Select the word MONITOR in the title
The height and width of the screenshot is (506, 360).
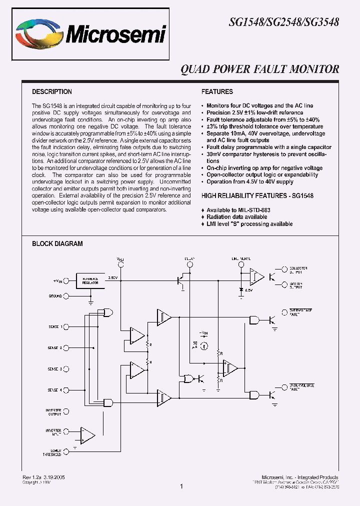[315, 69]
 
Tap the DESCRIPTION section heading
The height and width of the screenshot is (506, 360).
[52, 92]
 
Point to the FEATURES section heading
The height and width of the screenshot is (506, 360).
[217, 92]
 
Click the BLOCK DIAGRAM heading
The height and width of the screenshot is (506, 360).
[57, 244]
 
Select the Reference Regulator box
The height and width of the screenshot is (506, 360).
[90, 280]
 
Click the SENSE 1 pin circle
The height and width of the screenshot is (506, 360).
[66, 326]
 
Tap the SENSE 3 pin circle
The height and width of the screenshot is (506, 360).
[66, 369]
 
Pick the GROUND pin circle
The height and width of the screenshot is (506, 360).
[66, 296]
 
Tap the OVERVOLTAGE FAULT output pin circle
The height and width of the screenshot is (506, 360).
[285, 312]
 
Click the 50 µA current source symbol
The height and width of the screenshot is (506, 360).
[204, 345]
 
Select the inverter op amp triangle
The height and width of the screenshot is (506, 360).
[88, 434]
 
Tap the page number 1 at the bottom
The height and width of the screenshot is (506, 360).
[181, 486]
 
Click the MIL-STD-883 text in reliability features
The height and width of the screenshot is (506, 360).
[253, 210]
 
